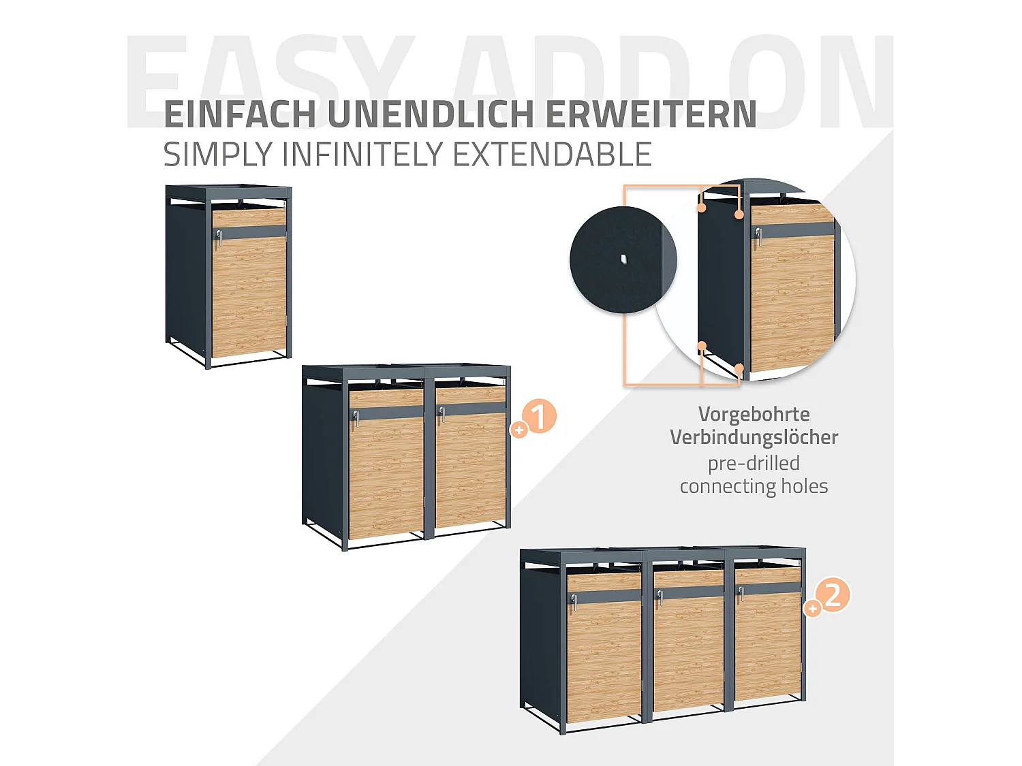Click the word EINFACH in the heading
pyautogui.click(x=240, y=114)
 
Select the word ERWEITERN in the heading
pyautogui.click(x=651, y=114)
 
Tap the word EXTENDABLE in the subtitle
pyautogui.click(x=552, y=155)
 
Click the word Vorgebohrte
pyautogui.click(x=754, y=414)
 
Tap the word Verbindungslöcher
pyautogui.click(x=754, y=437)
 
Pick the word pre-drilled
pyautogui.click(x=754, y=463)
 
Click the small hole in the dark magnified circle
pyautogui.click(x=623, y=259)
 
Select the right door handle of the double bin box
pyautogui.click(x=442, y=413)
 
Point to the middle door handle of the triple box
pyautogui.click(x=660, y=596)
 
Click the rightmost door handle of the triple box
pyautogui.click(x=740, y=594)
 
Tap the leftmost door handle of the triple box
pyautogui.click(x=574, y=601)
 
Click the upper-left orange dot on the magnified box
pyautogui.click(x=701, y=207)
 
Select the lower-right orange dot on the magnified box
pyautogui.click(x=739, y=368)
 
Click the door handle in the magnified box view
pyautogui.click(x=758, y=235)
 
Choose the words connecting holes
pyautogui.click(x=754, y=486)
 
